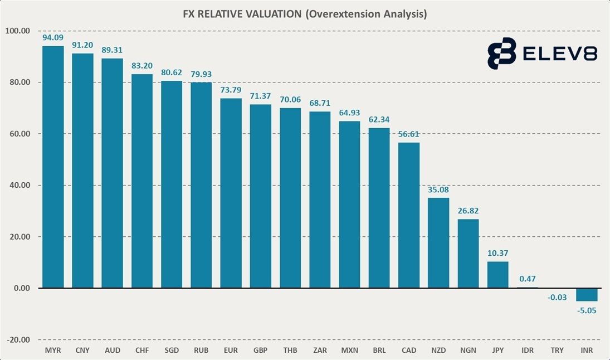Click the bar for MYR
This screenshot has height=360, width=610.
(53, 167)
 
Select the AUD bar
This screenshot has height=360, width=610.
(112, 173)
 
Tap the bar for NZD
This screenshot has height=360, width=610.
(438, 243)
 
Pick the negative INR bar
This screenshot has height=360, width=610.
(587, 294)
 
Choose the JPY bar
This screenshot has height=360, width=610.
(497, 275)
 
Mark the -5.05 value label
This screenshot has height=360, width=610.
(587, 310)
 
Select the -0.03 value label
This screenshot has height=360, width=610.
(557, 298)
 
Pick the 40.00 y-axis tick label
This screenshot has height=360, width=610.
(18, 186)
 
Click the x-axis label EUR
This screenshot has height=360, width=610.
(231, 351)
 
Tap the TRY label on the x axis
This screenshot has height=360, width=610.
(557, 351)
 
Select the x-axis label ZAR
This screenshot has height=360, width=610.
(320, 351)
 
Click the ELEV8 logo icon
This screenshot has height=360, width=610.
(501, 53)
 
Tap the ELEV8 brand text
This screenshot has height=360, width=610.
(560, 53)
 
